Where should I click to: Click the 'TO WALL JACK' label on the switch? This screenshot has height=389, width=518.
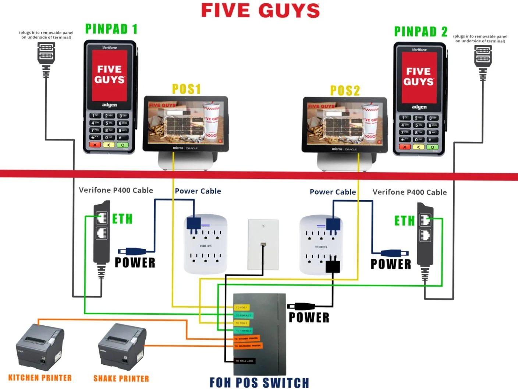245,361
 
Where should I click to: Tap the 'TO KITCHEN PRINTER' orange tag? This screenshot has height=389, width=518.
247,338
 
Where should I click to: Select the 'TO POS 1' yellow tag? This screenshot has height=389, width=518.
242,307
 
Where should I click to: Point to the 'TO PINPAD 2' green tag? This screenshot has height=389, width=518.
244,330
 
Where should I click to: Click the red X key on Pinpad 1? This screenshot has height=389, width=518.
95,145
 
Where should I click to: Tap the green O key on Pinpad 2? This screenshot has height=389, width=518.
432,147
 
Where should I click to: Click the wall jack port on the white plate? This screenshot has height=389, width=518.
263,244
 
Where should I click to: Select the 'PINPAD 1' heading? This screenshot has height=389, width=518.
111,29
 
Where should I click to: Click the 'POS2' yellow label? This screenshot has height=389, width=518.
345,91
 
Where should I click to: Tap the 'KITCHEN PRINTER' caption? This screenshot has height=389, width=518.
40,378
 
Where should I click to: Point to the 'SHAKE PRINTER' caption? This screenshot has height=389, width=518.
121,379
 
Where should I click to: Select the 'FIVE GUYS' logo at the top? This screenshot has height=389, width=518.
260,10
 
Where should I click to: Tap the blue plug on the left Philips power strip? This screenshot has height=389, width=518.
194,223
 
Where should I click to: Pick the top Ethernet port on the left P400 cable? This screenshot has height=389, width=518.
102,218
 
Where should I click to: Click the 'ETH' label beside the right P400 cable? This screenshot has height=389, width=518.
404,221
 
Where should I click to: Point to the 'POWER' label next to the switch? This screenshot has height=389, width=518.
309,318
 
